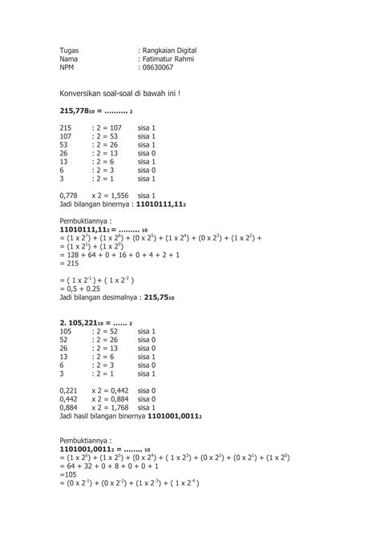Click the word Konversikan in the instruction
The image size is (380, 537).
click(x=83, y=94)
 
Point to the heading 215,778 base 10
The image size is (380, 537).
click(x=82, y=111)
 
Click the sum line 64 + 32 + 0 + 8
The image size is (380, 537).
click(x=115, y=466)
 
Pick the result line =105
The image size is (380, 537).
click(x=69, y=474)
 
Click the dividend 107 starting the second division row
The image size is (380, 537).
click(x=67, y=136)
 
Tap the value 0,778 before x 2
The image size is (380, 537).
click(x=69, y=195)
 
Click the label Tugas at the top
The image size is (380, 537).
click(x=70, y=50)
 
